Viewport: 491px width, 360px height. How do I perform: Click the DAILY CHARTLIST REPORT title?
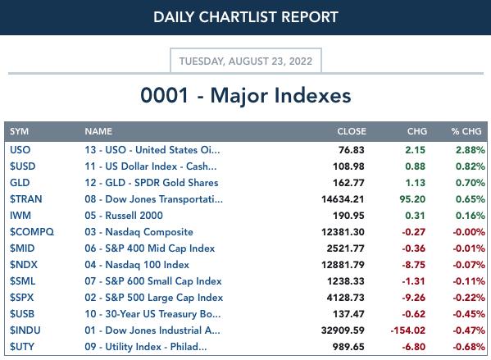[x=246, y=17]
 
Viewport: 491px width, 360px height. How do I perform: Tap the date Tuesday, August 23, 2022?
[x=246, y=61]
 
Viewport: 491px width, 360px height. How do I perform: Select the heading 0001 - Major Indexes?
[x=246, y=95]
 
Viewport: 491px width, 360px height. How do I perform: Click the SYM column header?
[x=19, y=131]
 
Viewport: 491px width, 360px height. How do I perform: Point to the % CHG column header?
[x=466, y=131]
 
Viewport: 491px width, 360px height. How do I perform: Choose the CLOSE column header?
[x=352, y=131]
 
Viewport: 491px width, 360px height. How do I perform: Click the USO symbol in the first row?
[x=20, y=150]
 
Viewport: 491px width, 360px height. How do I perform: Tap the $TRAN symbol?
[x=26, y=199]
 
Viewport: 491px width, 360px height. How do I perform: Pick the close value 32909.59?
[x=343, y=330]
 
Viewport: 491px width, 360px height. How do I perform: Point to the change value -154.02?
[x=407, y=330]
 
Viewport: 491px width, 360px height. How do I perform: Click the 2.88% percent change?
[x=471, y=150]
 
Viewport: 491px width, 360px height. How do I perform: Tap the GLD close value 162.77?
[x=348, y=183]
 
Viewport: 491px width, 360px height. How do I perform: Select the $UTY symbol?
[x=22, y=347]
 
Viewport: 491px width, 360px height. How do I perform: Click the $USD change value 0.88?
[x=416, y=166]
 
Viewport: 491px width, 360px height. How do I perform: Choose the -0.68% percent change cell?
[x=469, y=347]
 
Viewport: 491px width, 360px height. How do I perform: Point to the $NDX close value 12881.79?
[x=343, y=265]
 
